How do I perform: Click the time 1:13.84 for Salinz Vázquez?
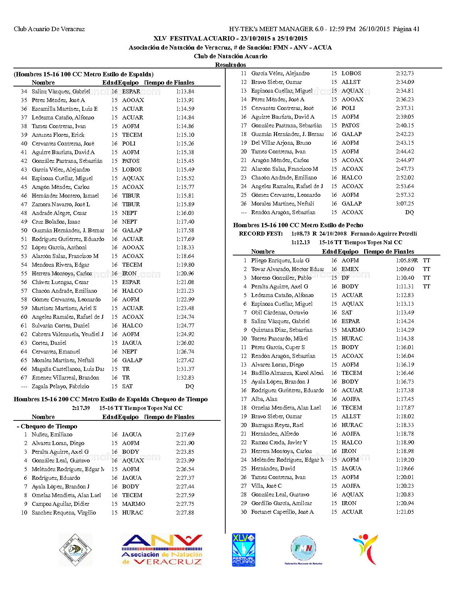tap(185, 92)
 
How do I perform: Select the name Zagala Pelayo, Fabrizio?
tap(60, 386)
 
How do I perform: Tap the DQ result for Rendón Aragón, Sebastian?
tap(409, 212)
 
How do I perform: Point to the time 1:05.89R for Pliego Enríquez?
tap(407, 261)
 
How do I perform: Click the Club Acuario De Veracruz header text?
tap(49, 29)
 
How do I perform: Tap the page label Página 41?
tap(406, 29)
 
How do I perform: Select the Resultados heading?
tap(230, 65)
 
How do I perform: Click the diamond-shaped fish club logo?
tap(76, 550)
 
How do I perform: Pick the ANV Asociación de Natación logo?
tap(162, 550)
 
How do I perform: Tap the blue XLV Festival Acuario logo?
tap(243, 550)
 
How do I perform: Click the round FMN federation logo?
tap(303, 549)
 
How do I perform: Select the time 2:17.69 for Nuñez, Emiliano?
tap(185, 435)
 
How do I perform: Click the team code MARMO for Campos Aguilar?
tap(133, 504)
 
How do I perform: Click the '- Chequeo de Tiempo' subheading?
tap(47, 426)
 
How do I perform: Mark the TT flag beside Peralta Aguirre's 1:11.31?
tap(427, 287)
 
